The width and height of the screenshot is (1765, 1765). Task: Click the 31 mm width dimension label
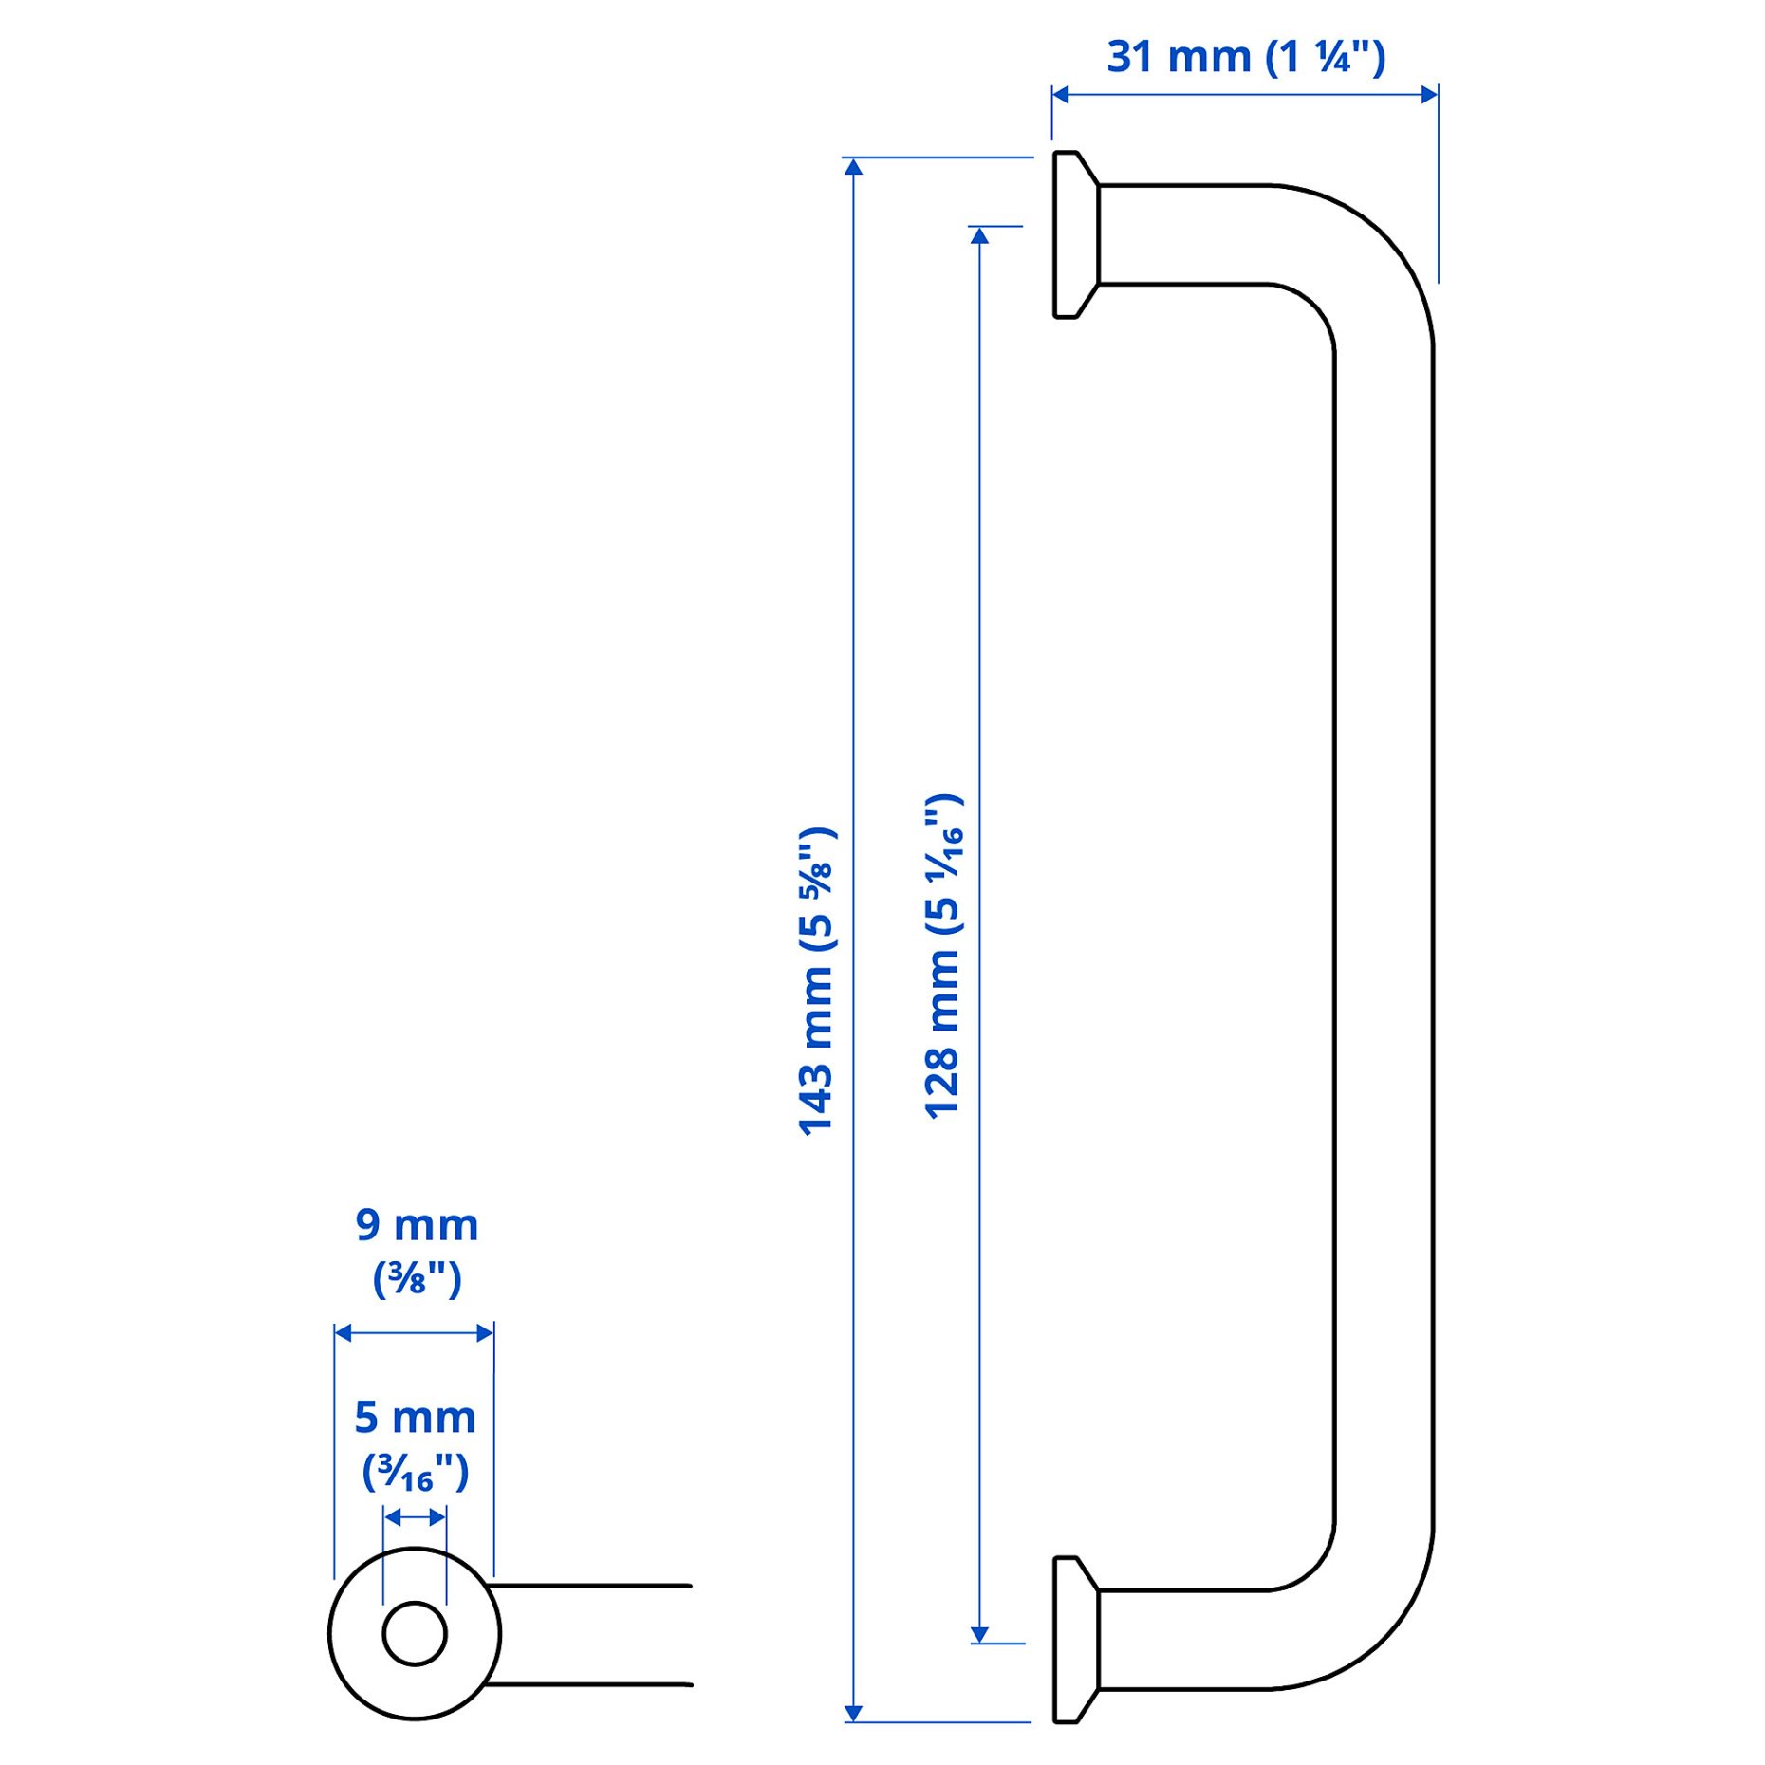pos(1245,57)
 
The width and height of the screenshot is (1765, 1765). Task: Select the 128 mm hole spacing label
pos(943,956)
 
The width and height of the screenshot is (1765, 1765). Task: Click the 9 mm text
pos(417,1225)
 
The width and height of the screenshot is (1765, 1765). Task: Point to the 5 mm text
pos(415,1418)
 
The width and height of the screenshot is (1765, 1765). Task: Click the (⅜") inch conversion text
pos(417,1278)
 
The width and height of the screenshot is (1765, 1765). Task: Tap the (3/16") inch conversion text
pos(415,1472)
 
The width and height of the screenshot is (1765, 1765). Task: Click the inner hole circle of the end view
pos(415,1633)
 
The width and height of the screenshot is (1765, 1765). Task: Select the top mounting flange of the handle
pos(1074,234)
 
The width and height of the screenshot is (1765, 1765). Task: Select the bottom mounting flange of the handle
pos(1074,1639)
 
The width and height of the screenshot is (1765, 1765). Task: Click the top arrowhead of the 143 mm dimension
pos(853,168)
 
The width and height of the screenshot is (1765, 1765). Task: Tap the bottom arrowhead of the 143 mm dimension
pos(853,1712)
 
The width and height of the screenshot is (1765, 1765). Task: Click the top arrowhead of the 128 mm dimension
pos(979,235)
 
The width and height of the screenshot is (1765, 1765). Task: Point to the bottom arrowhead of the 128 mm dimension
pos(979,1634)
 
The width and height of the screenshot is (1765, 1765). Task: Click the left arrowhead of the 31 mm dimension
pos(1061,94)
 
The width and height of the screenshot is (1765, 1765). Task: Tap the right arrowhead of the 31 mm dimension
pos(1428,94)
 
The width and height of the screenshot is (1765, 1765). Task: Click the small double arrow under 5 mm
pos(415,1517)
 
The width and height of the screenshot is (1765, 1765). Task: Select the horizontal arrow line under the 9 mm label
pos(415,1333)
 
